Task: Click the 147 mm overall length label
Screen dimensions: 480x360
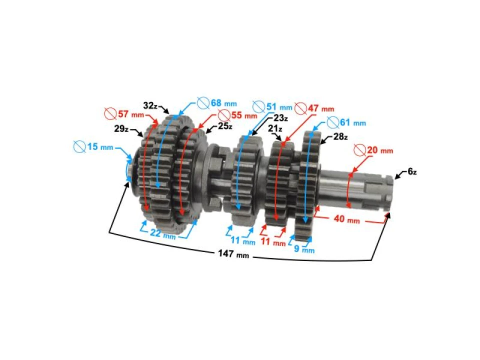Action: (x=233, y=254)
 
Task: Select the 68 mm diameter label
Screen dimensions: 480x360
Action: (x=216, y=103)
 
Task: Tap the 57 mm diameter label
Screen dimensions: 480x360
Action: (x=124, y=114)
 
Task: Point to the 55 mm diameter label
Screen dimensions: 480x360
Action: (x=237, y=115)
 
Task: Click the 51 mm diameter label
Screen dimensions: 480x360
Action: (x=272, y=107)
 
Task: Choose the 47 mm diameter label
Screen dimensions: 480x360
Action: (x=314, y=108)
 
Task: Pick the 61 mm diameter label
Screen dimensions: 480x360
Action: (x=346, y=123)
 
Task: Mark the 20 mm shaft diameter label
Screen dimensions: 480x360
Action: (x=373, y=150)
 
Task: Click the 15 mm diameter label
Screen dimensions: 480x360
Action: (x=93, y=146)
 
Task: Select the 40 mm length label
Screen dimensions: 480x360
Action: (x=346, y=219)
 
